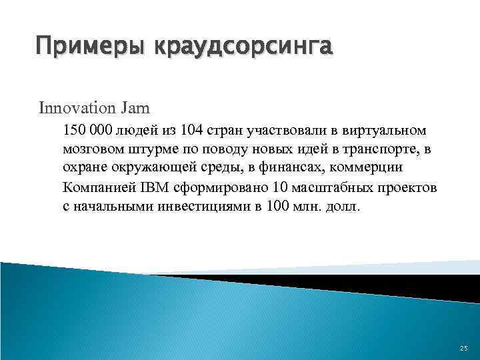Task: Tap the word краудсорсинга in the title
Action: click(x=243, y=49)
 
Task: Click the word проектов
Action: click(x=409, y=187)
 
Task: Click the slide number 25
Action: click(x=463, y=349)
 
